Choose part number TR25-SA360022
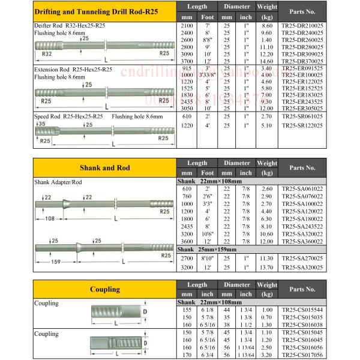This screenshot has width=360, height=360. pyautogui.click(x=310, y=240)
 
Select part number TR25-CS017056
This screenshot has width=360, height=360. pyautogui.click(x=310, y=354)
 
